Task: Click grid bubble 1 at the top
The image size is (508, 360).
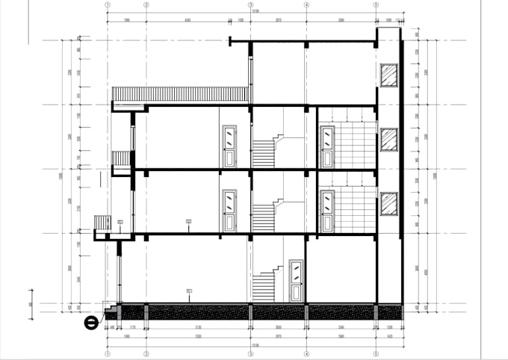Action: point(108,4)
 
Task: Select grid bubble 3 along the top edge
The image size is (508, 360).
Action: point(250,4)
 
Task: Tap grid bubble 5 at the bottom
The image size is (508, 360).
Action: point(376,353)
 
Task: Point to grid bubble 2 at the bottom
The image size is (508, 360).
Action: point(146,353)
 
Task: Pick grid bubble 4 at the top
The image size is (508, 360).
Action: point(307,4)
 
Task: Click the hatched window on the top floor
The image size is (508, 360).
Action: point(388,74)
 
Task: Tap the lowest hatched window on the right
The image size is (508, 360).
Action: point(388,202)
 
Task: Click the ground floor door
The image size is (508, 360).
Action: point(296,282)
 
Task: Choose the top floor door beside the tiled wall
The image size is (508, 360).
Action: point(326,146)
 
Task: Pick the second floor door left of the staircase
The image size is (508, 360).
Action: point(229,210)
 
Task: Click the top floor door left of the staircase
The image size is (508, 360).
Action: point(229,146)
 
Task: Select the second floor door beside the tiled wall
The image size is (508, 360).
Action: point(326,210)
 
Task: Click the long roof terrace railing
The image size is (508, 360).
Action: point(180,94)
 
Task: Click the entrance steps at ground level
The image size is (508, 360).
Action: point(110,308)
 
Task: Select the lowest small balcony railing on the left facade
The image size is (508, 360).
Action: point(103,223)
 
